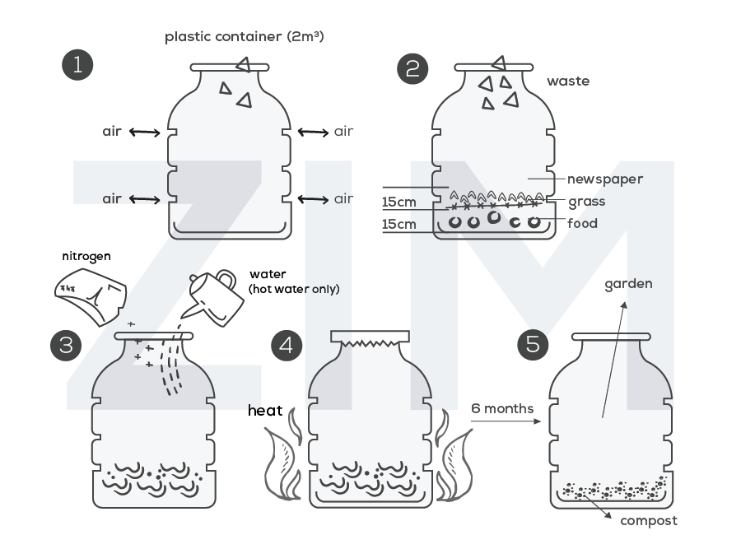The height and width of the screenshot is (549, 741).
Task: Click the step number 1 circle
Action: click(x=77, y=65)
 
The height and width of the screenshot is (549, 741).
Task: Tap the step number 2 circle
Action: click(x=412, y=68)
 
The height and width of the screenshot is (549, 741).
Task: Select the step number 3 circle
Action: click(x=66, y=345)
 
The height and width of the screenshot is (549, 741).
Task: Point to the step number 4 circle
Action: click(x=286, y=345)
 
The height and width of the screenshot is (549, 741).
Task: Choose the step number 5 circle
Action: click(x=533, y=343)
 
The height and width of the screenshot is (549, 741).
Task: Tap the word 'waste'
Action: click(x=568, y=81)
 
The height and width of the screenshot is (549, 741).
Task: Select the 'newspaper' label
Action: click(x=604, y=179)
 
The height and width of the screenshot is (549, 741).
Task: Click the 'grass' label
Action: click(x=586, y=201)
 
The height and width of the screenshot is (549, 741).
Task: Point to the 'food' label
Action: click(x=582, y=223)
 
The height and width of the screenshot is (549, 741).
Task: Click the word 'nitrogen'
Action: click(x=86, y=256)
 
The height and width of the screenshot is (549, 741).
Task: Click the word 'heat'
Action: click(x=265, y=411)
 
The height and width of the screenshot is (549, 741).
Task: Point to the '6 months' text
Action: click(x=502, y=408)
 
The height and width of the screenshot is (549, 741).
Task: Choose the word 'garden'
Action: click(x=628, y=284)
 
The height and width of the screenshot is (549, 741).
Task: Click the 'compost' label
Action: click(x=649, y=520)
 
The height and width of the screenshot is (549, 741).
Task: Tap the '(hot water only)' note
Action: click(x=294, y=289)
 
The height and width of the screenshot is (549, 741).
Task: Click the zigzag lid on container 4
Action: click(x=370, y=338)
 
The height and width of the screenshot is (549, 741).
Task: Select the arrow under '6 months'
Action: click(x=503, y=421)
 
